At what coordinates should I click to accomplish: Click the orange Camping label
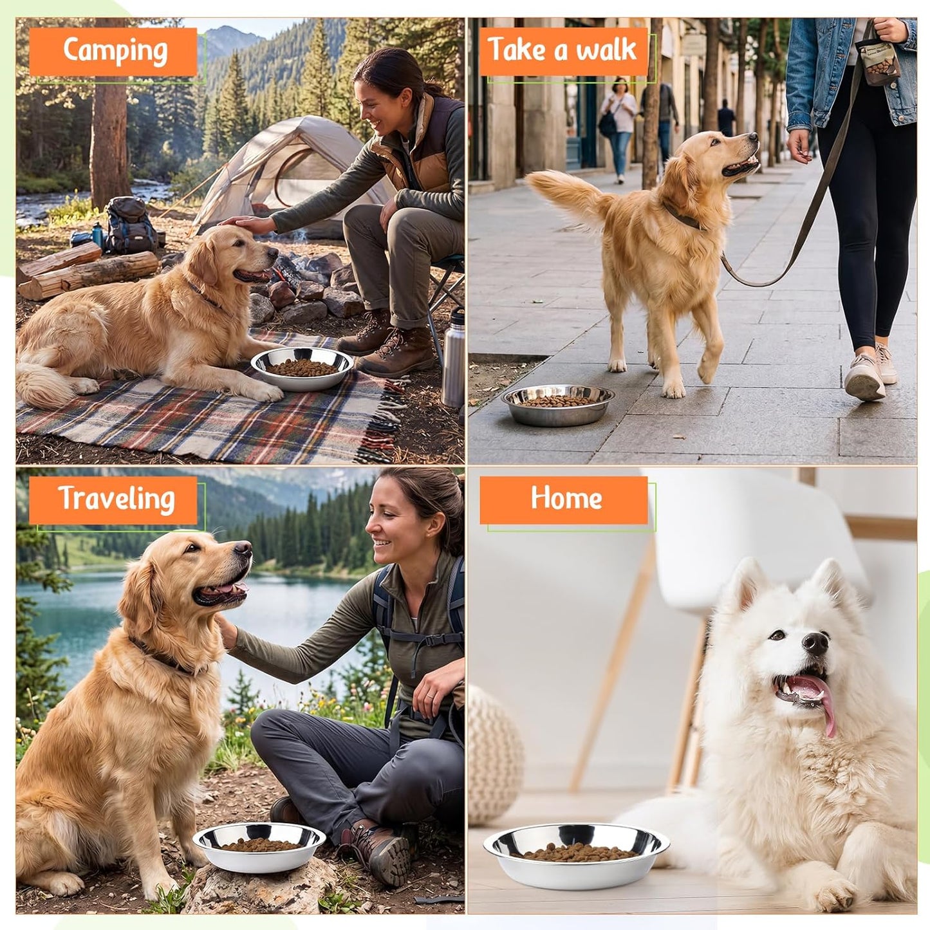click(113, 51)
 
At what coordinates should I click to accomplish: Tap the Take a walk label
click(563, 51)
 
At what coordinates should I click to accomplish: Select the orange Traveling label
click(113, 500)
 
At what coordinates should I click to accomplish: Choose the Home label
click(563, 500)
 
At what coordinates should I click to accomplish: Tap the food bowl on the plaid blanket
click(302, 369)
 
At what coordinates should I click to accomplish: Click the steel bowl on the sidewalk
click(558, 404)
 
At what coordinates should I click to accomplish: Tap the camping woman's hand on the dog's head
click(245, 223)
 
